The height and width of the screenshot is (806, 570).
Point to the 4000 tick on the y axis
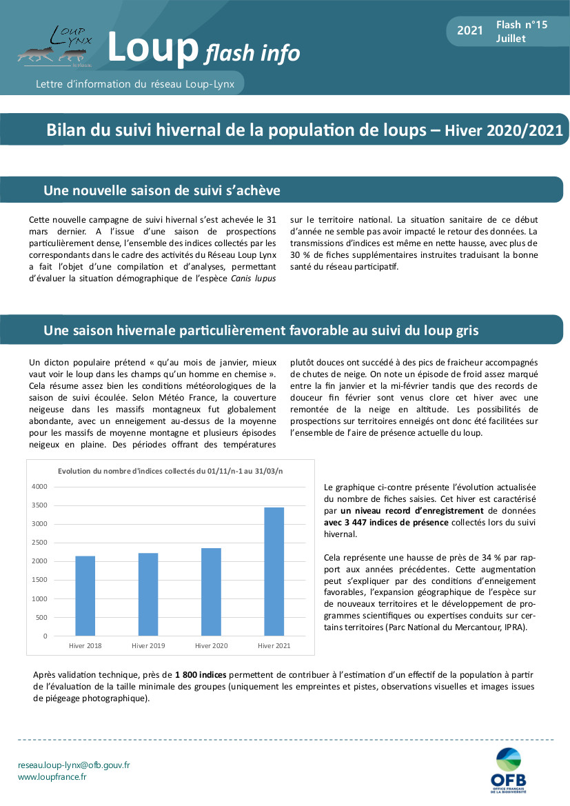point(39,486)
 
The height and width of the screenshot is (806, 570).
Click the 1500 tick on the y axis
point(39,580)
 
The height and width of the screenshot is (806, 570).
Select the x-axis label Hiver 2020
point(211,646)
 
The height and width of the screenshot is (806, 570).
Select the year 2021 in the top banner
point(470,31)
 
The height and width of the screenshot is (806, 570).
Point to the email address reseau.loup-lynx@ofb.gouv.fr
point(74,765)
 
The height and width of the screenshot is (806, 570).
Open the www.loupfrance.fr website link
point(52,777)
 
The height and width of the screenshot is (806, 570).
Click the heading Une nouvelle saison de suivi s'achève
point(161,190)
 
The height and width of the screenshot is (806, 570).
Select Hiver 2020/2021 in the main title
point(503,130)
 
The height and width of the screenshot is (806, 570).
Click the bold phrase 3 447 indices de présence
point(387,522)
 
